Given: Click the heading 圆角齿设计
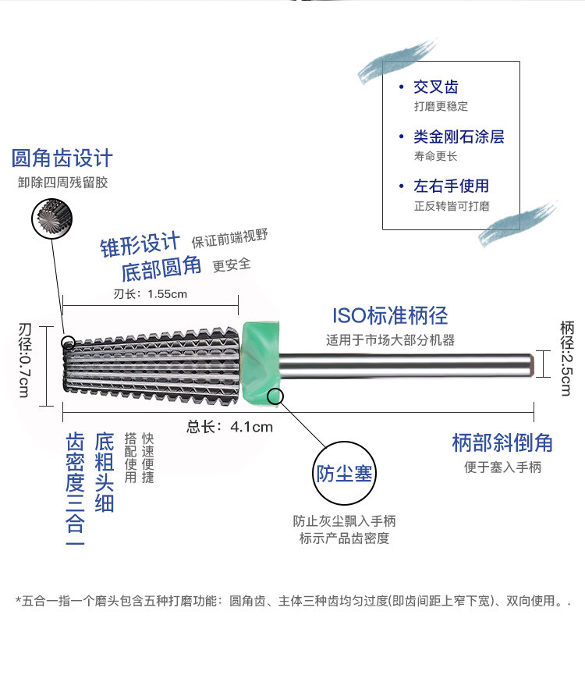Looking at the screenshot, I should click(62, 158).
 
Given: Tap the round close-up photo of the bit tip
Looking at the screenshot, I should click(51, 218).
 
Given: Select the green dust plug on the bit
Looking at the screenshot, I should click(262, 364).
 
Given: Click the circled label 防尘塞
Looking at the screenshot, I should click(343, 474).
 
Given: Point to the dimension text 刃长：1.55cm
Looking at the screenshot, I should click(151, 294).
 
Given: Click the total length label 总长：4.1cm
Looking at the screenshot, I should click(230, 426).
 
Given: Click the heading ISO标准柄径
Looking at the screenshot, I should click(390, 316).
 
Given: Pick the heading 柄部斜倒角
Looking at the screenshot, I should click(502, 442).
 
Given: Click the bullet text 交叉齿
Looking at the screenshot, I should click(437, 87).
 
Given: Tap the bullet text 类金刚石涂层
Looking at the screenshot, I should click(459, 137).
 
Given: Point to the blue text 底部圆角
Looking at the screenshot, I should click(161, 269).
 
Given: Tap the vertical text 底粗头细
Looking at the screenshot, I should click(105, 472).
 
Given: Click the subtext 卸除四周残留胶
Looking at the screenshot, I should click(62, 183).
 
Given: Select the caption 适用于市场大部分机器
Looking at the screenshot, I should click(390, 340).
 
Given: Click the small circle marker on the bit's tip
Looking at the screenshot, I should click(69, 342).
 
